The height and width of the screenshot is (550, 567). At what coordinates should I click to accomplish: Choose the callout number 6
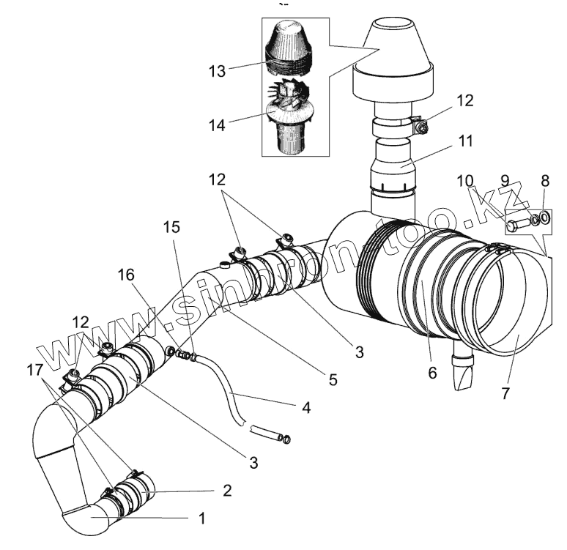pyautogui.click(x=431, y=373)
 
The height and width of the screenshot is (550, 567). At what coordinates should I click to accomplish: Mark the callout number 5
pyautogui.click(x=333, y=379)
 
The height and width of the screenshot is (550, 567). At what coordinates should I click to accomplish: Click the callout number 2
pyautogui.click(x=228, y=490)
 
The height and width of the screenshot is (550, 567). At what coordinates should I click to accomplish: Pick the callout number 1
pyautogui.click(x=202, y=518)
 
